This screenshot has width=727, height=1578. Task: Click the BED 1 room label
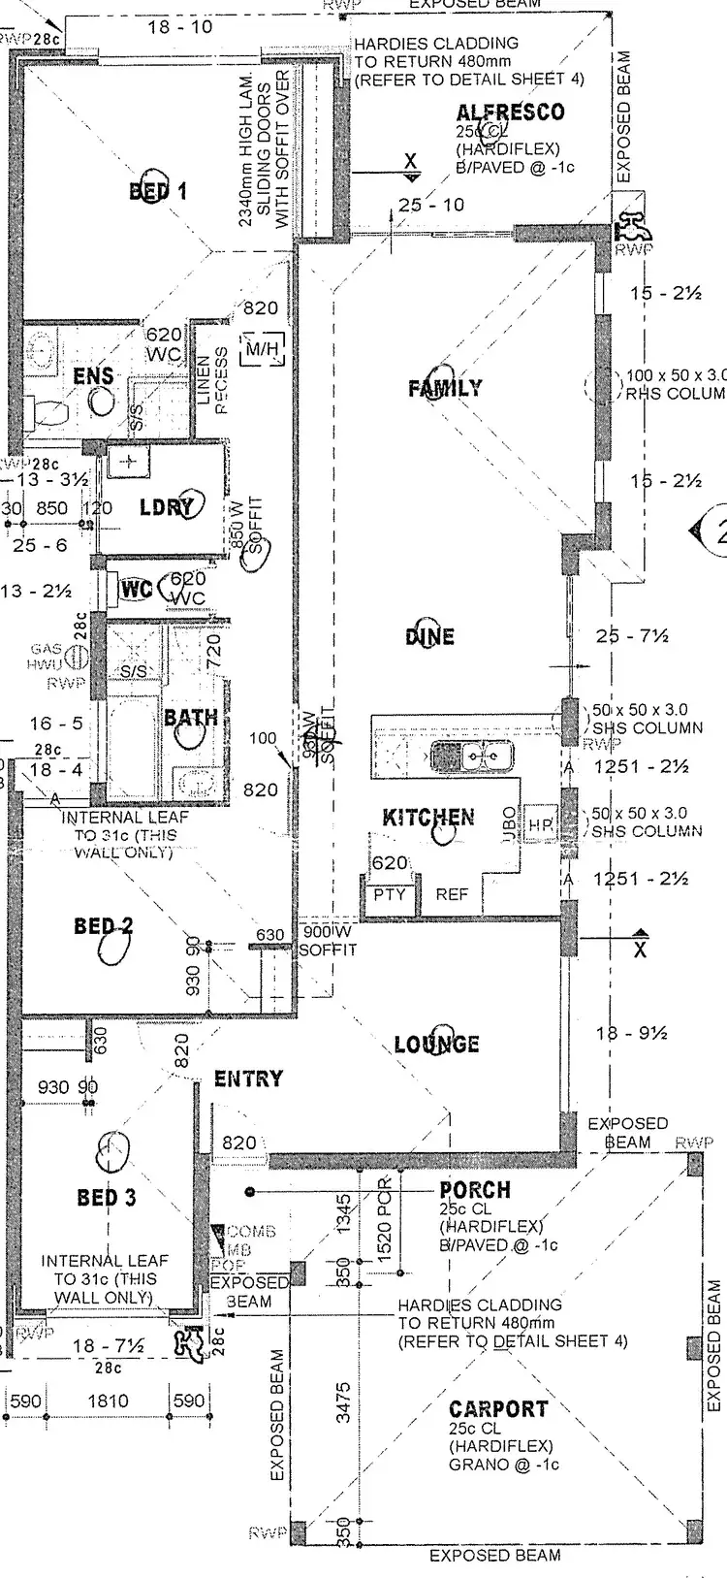coord(158,191)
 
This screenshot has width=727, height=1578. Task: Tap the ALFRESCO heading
coord(510,113)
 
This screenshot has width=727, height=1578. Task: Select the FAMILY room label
coord(445,388)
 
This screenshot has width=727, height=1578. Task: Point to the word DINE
coord(429,636)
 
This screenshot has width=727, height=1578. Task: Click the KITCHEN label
coord(428,818)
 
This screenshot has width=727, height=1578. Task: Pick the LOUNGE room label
coord(436,1045)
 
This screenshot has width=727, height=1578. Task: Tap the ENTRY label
coord(248,1079)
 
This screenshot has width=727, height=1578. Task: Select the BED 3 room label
coord(107,1198)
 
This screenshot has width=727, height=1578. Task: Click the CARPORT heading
coord(498,1408)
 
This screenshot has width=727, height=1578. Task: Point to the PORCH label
coord(474,1190)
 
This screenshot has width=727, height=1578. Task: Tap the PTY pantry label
coord(390,894)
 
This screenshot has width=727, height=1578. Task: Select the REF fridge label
coord(451,894)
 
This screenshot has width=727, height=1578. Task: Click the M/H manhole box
coord(262,348)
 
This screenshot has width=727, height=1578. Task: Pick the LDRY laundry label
coord(167,506)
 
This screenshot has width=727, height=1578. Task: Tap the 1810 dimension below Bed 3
coord(108,1401)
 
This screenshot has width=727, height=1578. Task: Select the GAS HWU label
coord(47,657)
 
